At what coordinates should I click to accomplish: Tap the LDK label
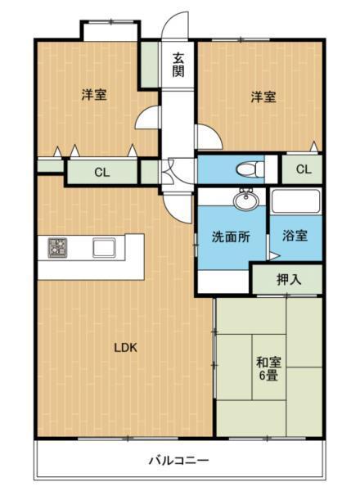click(x=125, y=347)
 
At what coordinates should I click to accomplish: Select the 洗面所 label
click(x=231, y=237)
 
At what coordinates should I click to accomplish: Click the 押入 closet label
click(x=288, y=279)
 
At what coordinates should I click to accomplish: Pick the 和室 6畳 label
click(x=267, y=369)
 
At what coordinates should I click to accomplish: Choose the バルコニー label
click(x=178, y=461)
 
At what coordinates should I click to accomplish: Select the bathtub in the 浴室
click(x=296, y=202)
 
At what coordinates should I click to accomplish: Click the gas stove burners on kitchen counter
click(x=58, y=247)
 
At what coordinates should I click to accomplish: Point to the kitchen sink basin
click(x=106, y=247)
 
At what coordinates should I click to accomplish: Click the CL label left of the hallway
click(x=101, y=173)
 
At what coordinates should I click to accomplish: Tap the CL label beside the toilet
click(x=303, y=169)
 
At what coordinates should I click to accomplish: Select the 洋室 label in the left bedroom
click(x=93, y=95)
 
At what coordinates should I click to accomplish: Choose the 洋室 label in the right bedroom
click(x=263, y=97)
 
